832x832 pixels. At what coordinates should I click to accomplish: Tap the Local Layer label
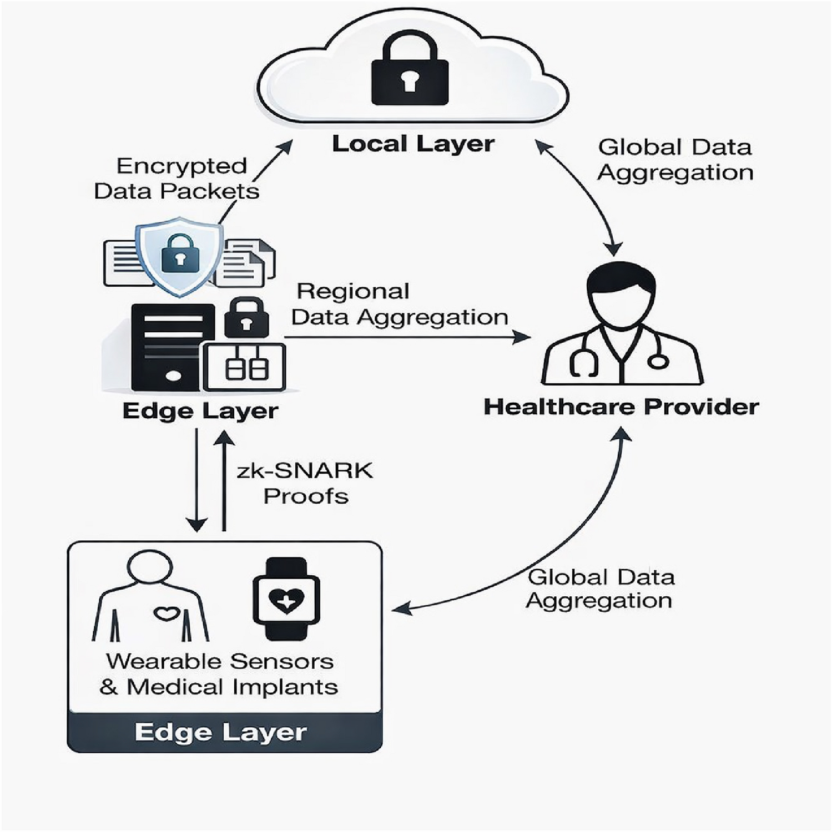pyautogui.click(x=413, y=144)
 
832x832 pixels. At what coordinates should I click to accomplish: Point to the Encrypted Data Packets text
pyautogui.click(x=177, y=179)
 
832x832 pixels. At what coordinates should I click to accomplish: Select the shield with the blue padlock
pyautogui.click(x=180, y=257)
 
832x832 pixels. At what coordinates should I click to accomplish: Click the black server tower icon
pyautogui.click(x=173, y=347)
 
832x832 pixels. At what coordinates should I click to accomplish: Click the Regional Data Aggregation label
pyautogui.click(x=400, y=305)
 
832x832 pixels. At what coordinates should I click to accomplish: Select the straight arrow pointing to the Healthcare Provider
pyautogui.click(x=407, y=337)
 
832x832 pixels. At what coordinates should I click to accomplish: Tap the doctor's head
pyautogui.click(x=622, y=295)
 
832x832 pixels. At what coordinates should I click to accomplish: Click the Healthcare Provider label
pyautogui.click(x=621, y=407)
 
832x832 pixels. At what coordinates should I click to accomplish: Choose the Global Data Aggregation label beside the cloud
pyautogui.click(x=675, y=160)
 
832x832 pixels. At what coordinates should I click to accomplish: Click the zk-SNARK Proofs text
pyautogui.click(x=305, y=483)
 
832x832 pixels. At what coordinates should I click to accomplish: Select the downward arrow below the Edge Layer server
pyautogui.click(x=196, y=480)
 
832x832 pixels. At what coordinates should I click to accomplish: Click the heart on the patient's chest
pyautogui.click(x=168, y=614)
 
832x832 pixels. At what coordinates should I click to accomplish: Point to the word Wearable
pyautogui.click(x=164, y=661)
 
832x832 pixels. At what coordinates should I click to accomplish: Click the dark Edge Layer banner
pyautogui.click(x=225, y=732)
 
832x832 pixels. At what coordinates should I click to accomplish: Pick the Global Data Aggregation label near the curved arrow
pyautogui.click(x=600, y=589)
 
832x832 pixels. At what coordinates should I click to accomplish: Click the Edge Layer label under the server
pyautogui.click(x=200, y=412)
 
